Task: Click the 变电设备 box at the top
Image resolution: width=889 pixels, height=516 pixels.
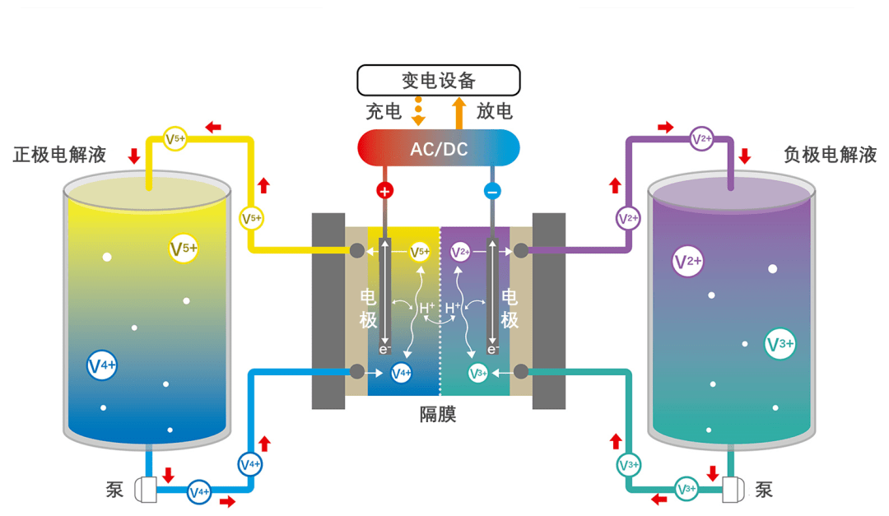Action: (x=438, y=81)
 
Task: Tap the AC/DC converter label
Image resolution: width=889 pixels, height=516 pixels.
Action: (x=439, y=149)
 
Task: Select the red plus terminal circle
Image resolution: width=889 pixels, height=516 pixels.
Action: (x=385, y=191)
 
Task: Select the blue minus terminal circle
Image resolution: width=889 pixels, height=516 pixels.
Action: (x=492, y=191)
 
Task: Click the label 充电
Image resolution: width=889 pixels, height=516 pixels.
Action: (x=384, y=112)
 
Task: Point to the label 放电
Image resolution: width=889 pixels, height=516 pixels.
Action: (x=495, y=111)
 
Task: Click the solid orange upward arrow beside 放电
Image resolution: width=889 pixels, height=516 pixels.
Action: (x=459, y=114)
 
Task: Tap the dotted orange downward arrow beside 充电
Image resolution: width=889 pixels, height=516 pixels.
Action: (x=418, y=111)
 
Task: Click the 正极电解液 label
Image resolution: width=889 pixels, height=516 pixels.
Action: (x=59, y=154)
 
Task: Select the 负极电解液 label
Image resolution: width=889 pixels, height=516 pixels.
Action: (x=830, y=154)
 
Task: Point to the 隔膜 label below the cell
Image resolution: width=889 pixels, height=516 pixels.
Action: (x=438, y=415)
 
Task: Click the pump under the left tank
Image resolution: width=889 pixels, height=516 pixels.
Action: (x=146, y=490)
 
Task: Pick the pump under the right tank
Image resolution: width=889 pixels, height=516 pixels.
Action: (x=733, y=490)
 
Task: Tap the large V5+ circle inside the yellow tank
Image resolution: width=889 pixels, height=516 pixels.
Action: (x=184, y=249)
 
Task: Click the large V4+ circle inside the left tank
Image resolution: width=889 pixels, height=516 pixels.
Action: (x=102, y=365)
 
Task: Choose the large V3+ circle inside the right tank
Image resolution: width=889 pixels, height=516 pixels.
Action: (x=780, y=344)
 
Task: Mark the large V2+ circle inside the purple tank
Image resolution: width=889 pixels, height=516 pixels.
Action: (x=687, y=262)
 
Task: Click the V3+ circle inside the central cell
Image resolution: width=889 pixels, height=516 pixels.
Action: (x=478, y=373)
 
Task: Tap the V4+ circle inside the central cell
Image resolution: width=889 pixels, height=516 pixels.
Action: (x=402, y=373)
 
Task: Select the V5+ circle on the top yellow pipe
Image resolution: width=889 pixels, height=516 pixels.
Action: (x=175, y=138)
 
